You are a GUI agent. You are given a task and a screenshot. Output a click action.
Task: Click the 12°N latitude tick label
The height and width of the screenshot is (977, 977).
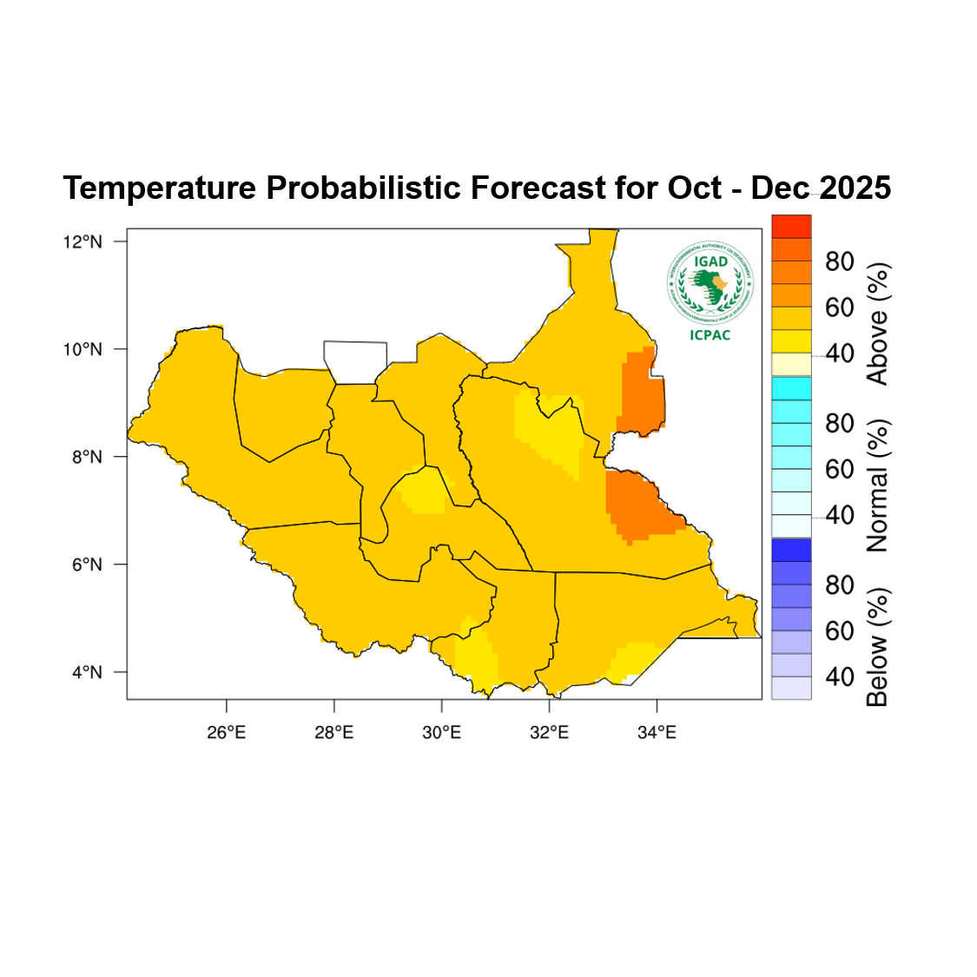click(83, 241)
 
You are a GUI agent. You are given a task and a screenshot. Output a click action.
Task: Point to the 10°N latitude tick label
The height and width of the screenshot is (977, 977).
click(83, 349)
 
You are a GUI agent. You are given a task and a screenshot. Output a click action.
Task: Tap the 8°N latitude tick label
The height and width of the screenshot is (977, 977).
click(87, 457)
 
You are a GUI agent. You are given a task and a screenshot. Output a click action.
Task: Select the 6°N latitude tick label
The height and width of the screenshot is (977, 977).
click(87, 564)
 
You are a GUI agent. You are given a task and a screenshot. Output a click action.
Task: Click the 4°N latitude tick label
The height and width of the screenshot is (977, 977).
click(87, 672)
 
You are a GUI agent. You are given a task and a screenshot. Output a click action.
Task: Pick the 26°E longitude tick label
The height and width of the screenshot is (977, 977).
click(227, 732)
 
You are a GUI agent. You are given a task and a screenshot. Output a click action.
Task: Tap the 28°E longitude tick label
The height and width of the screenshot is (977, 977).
click(334, 732)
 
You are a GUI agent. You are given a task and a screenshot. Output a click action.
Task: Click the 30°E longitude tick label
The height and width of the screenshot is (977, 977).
click(442, 732)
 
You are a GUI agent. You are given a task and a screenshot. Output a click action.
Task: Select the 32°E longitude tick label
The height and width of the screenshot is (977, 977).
click(550, 732)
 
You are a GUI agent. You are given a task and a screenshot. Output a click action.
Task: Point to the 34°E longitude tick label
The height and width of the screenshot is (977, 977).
click(657, 732)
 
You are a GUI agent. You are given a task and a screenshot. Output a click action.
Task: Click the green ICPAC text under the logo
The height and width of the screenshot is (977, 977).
click(710, 335)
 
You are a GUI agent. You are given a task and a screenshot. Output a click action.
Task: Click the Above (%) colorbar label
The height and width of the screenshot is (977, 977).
click(878, 324)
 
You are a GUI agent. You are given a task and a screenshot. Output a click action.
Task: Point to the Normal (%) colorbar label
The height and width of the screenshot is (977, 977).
click(878, 485)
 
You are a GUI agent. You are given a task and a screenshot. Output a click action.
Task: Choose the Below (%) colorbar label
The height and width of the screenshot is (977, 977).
click(878, 647)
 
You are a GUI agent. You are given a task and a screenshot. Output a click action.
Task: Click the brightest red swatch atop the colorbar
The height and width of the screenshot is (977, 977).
click(791, 226)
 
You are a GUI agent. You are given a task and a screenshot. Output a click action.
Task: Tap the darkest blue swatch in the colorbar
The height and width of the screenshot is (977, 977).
click(791, 550)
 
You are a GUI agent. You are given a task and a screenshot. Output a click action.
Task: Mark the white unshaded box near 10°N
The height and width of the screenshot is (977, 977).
click(355, 362)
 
